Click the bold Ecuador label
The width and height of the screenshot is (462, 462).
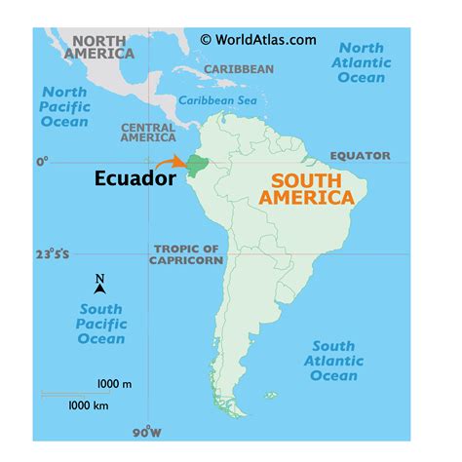tap(135, 178)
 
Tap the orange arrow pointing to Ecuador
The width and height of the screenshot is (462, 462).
tap(171, 163)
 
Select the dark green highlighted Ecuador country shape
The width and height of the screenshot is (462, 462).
tap(198, 165)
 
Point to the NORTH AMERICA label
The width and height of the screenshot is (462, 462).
tap(98, 47)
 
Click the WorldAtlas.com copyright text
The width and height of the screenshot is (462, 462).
tap(258, 39)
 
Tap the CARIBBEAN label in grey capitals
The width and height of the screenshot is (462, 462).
tap(239, 69)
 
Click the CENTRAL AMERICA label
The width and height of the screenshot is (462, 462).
tap(148, 133)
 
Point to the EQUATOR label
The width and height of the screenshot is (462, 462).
tap(360, 156)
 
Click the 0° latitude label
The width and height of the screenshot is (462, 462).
tap(42, 161)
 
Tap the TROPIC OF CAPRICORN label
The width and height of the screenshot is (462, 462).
tap(187, 254)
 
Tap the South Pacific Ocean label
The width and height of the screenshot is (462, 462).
tap(101, 325)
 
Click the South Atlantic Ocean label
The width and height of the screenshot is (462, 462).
tap(333, 361)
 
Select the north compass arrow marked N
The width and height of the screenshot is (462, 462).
tap(99, 284)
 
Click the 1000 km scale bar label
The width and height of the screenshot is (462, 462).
tap(88, 404)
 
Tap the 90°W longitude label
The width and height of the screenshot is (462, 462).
tap(146, 431)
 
